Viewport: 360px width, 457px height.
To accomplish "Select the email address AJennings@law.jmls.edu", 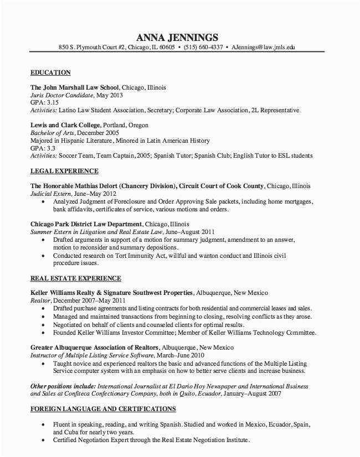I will coord(263,48).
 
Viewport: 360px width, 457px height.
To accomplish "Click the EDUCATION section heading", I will coord(50,72).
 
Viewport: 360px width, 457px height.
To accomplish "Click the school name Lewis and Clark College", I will coord(65,125).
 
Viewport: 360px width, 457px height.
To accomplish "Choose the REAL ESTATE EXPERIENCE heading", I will coord(75,278).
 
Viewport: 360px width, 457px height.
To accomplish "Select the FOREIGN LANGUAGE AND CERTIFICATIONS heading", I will coord(102,409).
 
